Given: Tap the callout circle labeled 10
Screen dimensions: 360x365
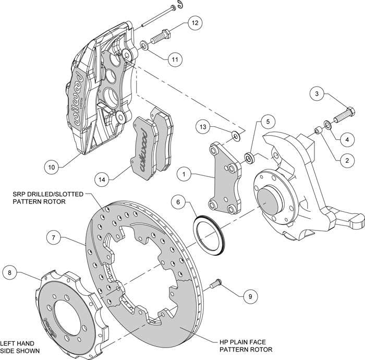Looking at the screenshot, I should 51,167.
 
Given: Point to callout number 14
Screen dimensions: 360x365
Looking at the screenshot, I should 103,179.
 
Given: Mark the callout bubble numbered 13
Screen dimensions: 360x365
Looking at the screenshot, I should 204,126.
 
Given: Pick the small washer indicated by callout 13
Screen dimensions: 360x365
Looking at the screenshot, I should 236,137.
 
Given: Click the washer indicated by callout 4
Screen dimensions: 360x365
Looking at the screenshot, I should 327,124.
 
